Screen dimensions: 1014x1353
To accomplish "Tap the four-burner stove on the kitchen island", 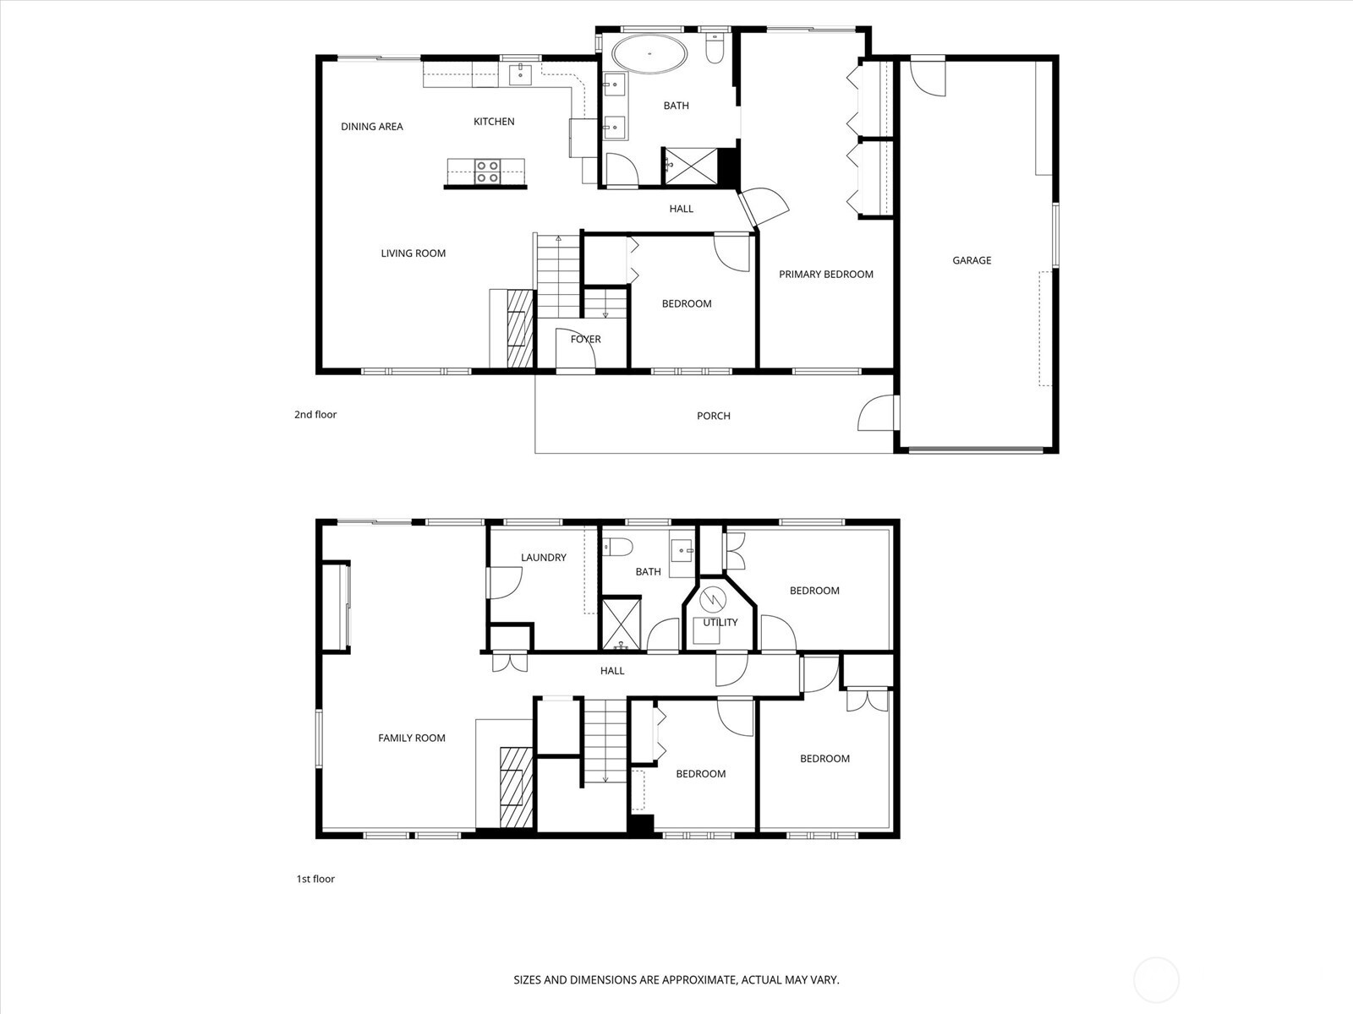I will pos(487,172).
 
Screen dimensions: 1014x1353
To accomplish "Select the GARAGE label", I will pos(972,260).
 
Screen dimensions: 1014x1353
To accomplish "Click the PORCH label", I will pos(713,416).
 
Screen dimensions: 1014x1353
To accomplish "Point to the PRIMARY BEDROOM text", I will pos(825,274).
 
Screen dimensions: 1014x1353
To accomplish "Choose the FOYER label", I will pos(585,339).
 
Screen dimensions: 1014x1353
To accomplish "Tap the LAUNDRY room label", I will pos(543,557).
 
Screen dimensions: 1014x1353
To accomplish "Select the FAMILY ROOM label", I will pos(411,738).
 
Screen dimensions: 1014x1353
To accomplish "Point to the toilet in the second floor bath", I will pos(715,50).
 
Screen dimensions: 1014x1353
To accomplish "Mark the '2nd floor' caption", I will pos(315,414).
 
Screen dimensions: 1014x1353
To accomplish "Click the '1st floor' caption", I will pos(315,879).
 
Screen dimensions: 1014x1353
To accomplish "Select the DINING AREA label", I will pos(371,127).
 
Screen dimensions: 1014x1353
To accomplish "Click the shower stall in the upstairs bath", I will pos(689,165).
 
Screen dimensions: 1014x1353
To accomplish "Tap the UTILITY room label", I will pos(720,622).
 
